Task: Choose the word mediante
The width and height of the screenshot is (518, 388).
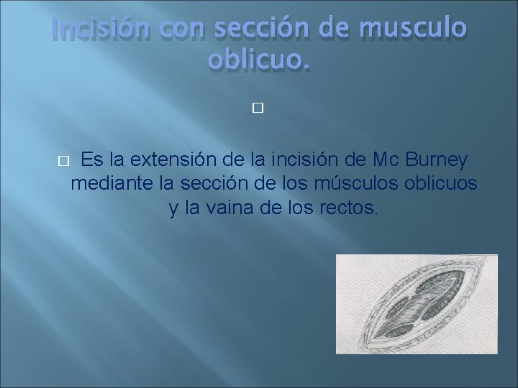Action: pyautogui.click(x=112, y=184)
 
